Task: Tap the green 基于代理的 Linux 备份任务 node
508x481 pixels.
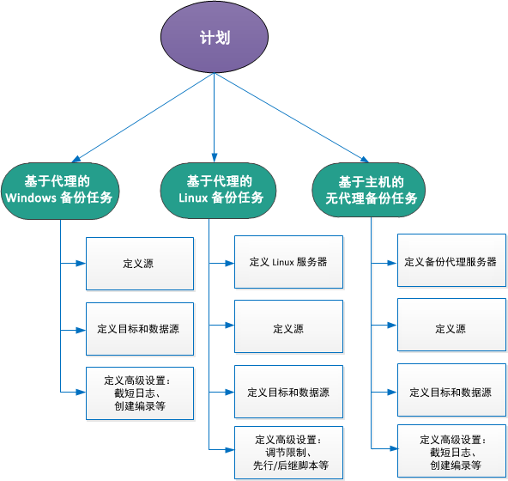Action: [x=218, y=189]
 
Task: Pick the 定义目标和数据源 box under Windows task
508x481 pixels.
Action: [x=138, y=328]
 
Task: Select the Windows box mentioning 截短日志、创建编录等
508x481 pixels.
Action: [x=138, y=393]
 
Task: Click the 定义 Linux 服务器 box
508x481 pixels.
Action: [x=288, y=262]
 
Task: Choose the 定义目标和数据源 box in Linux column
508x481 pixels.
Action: [x=288, y=392]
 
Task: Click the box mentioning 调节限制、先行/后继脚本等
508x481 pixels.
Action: [x=288, y=452]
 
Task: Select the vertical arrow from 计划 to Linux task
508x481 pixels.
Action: [x=214, y=120]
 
